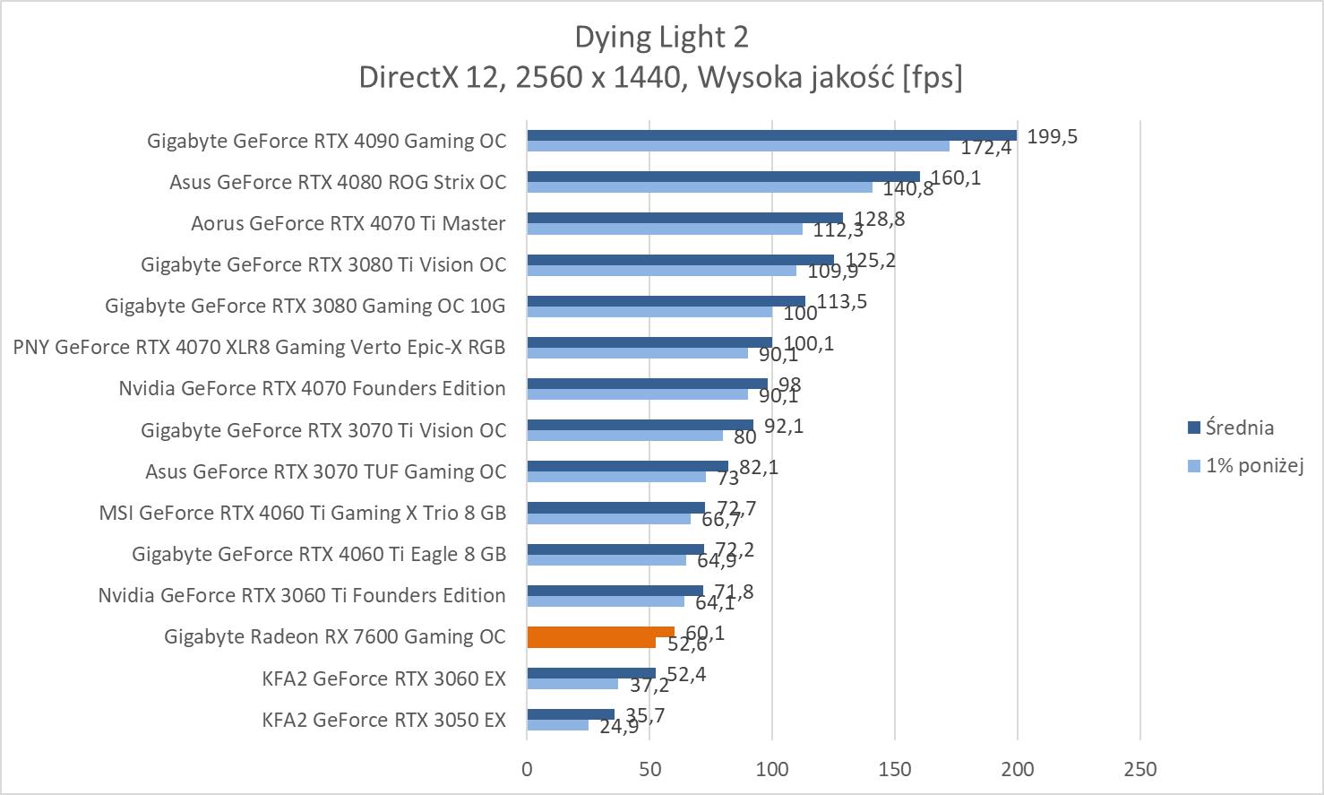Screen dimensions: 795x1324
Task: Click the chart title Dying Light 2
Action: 661,37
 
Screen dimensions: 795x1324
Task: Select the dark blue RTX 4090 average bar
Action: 770,135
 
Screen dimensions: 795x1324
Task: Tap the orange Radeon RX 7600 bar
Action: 600,636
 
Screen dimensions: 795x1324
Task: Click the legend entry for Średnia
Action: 1239,428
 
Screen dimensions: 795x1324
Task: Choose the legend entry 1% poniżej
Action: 1253,465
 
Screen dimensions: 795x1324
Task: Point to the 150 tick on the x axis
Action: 895,769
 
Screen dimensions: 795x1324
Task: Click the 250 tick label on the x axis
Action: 1139,769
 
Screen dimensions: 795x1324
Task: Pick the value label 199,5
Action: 1052,136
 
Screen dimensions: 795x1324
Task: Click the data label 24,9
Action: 619,726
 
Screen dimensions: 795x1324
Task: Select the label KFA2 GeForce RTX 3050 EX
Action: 383,720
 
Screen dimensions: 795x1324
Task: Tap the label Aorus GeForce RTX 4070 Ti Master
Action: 348,223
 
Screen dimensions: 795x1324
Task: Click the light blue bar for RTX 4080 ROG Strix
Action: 699,187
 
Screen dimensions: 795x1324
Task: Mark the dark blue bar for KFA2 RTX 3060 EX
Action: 591,673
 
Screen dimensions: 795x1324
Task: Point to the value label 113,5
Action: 842,301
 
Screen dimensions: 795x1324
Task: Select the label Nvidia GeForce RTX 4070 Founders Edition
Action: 312,388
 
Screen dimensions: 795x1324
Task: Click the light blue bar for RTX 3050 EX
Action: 557,725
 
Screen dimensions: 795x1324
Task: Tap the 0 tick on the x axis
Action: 527,769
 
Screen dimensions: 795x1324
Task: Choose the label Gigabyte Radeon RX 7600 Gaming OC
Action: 335,636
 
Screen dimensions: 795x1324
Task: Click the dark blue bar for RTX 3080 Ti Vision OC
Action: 680,260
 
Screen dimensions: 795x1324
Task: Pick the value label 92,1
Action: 784,426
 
